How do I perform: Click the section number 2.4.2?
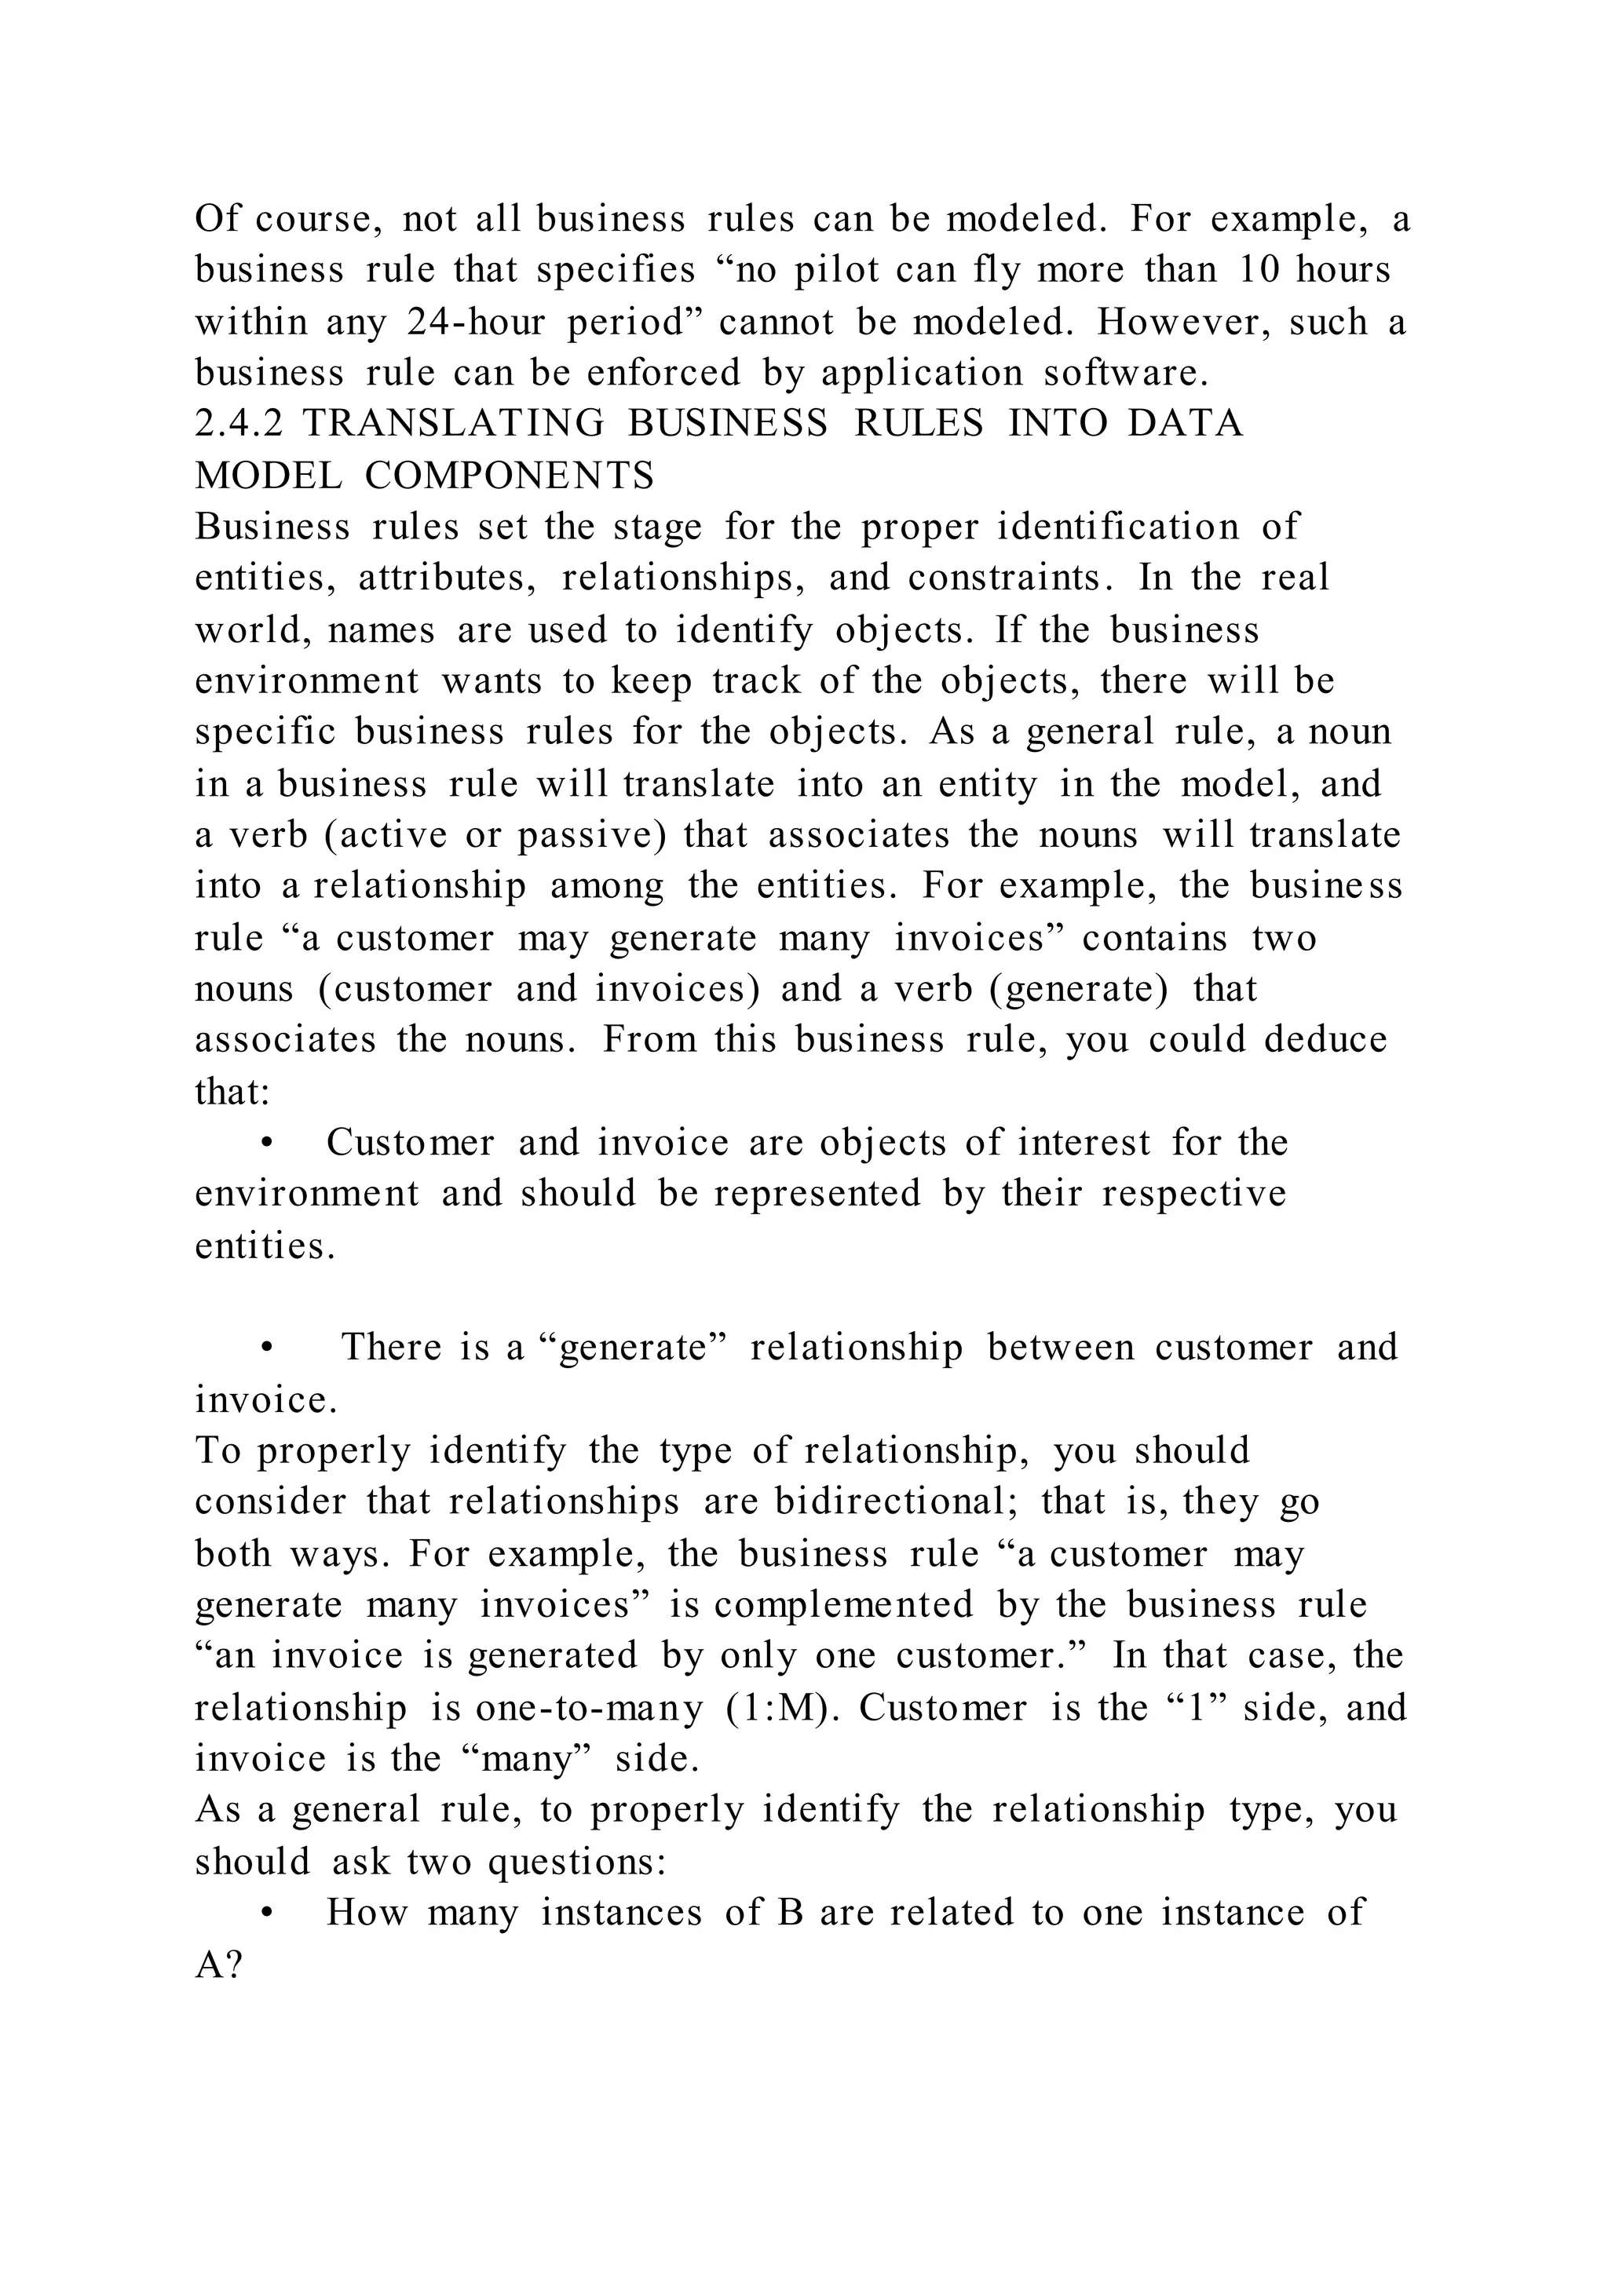click(239, 424)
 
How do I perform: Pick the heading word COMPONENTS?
click(510, 476)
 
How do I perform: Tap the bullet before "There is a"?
click(265, 1348)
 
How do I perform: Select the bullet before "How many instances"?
click(265, 1914)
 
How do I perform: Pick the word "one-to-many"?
click(590, 1708)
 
